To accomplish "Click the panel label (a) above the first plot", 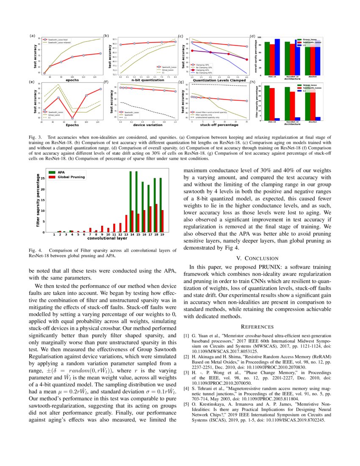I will [32, 36].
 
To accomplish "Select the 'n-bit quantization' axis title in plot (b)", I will [142, 80].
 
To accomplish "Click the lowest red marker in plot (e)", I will [72, 119].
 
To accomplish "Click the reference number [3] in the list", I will [186, 372].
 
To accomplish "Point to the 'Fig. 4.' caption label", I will [36, 251].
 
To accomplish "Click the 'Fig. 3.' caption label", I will [36, 138].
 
